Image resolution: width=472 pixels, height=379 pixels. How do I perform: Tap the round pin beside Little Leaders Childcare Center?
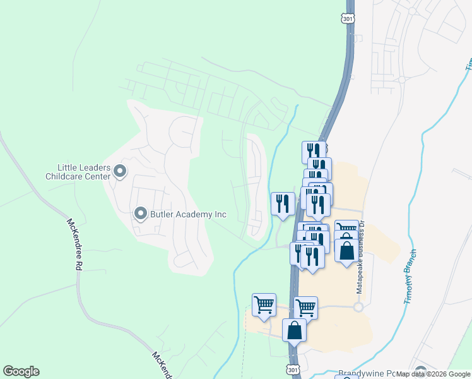coord(120,171)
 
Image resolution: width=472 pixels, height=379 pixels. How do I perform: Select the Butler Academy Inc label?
coord(187,214)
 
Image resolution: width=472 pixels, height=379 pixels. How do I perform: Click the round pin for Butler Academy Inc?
coord(140,214)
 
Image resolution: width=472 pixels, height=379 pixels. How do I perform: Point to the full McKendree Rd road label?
coord(75,244)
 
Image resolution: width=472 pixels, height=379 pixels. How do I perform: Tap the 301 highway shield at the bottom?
coord(292,368)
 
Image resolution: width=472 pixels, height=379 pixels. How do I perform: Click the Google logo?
coord(21,371)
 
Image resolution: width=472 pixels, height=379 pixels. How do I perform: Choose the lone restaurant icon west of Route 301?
coord(283,203)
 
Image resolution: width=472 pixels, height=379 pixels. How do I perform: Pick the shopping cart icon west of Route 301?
coord(264,304)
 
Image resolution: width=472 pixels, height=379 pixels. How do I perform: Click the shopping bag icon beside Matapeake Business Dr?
coord(346,250)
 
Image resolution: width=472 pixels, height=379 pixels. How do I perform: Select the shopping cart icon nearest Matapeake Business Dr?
coord(346,230)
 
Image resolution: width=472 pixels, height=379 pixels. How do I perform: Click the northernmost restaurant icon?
coord(313,152)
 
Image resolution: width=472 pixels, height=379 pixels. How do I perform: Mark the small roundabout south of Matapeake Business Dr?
coord(358,307)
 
